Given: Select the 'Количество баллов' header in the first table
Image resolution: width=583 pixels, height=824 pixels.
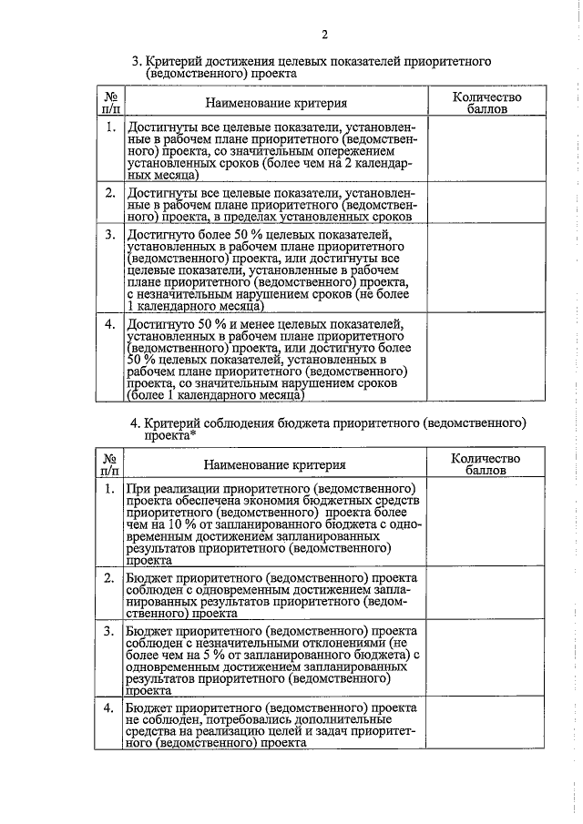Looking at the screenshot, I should (x=486, y=102).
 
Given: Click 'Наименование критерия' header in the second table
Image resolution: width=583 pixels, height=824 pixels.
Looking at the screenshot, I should (x=274, y=464).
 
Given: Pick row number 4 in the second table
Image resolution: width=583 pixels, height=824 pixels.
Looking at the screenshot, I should (x=109, y=707).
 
